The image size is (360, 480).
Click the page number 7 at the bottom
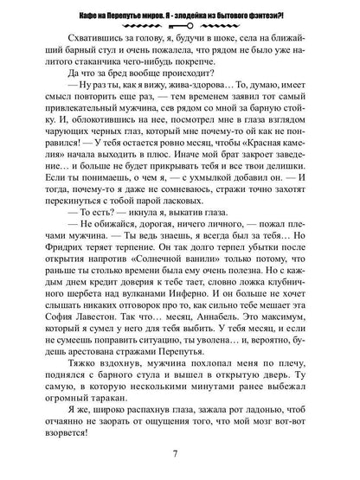[x=180, y=456]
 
